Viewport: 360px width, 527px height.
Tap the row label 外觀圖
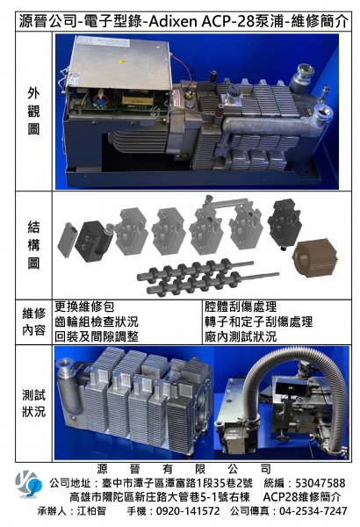pos(33,112)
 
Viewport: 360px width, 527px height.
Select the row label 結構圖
pos(33,245)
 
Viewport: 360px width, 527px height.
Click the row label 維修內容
pos(33,321)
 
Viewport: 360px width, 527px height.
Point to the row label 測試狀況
pos(33,403)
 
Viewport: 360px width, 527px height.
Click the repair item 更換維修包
pos(84,307)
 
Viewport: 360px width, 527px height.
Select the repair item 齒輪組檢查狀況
pos(97,321)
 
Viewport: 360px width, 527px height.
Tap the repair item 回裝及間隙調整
pos(97,336)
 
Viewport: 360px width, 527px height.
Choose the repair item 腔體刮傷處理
pos(241,307)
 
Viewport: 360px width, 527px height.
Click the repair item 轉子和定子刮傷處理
pos(259,321)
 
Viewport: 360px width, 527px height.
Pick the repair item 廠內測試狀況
pos(241,336)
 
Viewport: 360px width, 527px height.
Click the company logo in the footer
pos(28,484)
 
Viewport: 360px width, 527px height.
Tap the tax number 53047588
pos(320,483)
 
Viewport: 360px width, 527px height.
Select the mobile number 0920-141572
pos(188,511)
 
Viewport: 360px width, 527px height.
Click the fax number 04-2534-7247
pos(313,511)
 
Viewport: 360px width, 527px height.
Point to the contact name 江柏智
pos(91,511)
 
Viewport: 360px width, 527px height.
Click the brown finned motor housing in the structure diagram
pos(315,257)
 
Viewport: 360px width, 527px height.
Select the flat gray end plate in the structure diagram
pos(68,240)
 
